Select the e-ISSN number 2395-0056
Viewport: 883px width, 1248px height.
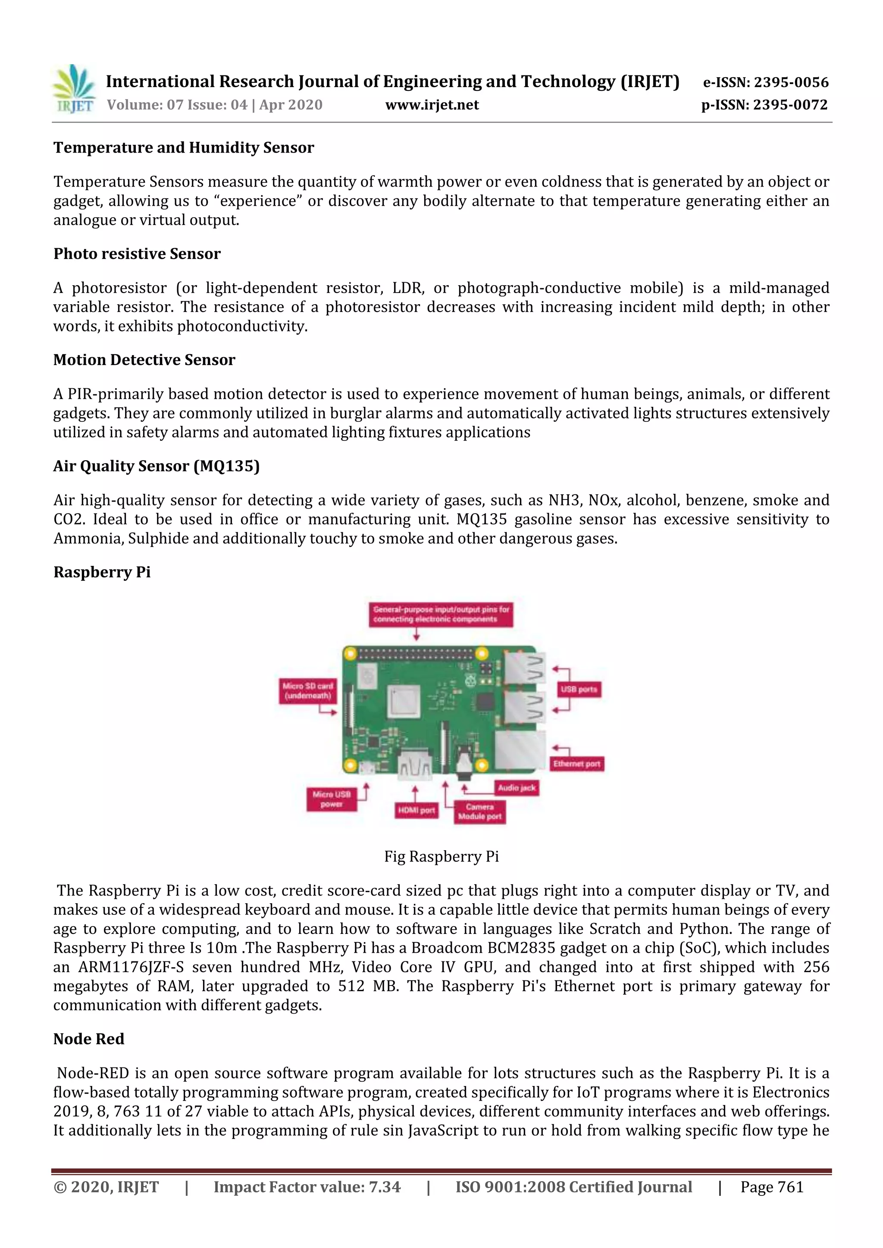click(x=791, y=83)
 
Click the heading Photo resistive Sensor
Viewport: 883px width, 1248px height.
click(x=137, y=254)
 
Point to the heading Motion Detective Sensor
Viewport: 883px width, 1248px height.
click(x=144, y=360)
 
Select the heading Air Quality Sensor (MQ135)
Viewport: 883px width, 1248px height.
click(x=157, y=466)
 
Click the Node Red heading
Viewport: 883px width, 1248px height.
click(x=89, y=1039)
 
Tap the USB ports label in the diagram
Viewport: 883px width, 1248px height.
click(x=579, y=689)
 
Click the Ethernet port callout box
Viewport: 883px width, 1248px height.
click(x=576, y=764)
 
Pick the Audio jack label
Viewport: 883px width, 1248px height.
click(x=517, y=788)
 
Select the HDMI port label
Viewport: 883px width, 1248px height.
click(x=416, y=811)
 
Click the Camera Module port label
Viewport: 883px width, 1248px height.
click(x=479, y=811)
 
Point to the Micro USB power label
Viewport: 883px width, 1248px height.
click(x=332, y=799)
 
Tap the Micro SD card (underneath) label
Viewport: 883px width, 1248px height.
click(x=308, y=691)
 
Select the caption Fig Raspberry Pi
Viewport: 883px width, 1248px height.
click(x=441, y=857)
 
